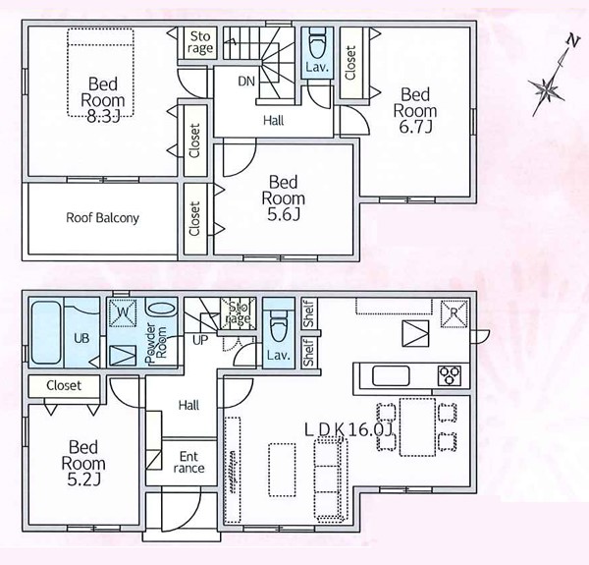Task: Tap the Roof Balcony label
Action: [102, 218]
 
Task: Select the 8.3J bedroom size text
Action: [103, 117]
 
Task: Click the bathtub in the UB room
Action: [46, 332]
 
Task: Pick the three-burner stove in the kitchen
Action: [450, 375]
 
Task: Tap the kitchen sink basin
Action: [391, 375]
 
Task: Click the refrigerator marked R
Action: [455, 313]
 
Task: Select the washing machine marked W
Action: [123, 312]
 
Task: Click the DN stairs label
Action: [246, 82]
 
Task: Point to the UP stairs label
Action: [200, 340]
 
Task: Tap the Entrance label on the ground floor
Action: [188, 463]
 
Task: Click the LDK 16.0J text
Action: [348, 429]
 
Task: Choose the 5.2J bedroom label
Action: [83, 463]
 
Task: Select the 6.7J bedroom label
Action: [415, 110]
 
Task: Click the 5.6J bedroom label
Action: [284, 198]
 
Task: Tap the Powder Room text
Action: [155, 343]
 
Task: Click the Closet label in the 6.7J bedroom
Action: [350, 63]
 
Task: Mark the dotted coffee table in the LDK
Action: [282, 470]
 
